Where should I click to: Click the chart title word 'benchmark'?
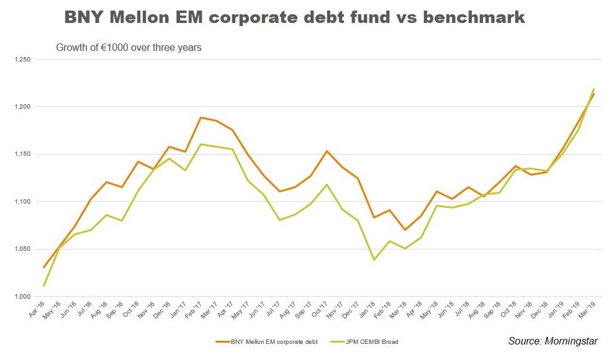tap(474, 17)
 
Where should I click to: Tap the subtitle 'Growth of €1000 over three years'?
tap(129, 47)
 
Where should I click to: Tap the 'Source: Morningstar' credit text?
tap(552, 341)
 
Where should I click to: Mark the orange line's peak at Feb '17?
tap(201, 117)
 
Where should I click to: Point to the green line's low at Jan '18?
tap(374, 259)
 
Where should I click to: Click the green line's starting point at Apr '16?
tap(43, 286)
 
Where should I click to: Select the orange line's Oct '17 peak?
tap(327, 151)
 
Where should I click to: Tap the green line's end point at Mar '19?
tap(594, 89)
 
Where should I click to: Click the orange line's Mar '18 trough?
tap(405, 230)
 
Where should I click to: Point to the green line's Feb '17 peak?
tap(201, 144)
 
